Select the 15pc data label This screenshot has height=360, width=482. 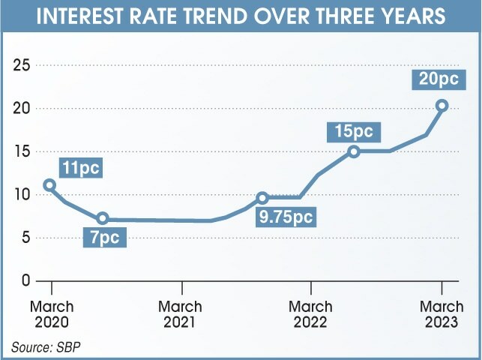354,131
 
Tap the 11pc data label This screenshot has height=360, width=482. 80,166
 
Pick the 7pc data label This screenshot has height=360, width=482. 105,238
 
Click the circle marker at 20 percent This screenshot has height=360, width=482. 442,106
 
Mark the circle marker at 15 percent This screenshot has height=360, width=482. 354,151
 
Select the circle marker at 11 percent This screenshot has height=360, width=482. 49,184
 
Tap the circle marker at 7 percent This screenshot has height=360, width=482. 103,219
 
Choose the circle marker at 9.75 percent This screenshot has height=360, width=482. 262,198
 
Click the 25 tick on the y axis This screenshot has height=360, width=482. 21,66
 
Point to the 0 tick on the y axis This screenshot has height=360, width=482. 25,281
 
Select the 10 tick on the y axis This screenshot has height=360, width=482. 21,195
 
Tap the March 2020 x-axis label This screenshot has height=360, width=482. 52,314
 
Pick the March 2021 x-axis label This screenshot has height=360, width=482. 181,314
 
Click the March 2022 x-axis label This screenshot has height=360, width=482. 310,314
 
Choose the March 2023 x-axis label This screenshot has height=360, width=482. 441,314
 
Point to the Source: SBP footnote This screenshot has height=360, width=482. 44,346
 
